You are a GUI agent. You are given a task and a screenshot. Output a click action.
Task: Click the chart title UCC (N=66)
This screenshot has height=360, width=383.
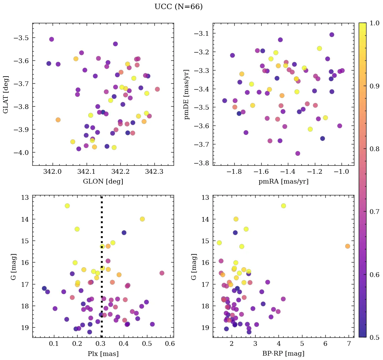178,7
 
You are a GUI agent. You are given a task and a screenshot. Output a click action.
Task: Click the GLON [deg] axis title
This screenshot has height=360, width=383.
103,182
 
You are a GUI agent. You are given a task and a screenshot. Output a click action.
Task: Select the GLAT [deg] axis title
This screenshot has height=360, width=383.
6,94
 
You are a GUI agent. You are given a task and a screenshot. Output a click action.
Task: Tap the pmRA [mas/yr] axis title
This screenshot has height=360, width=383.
283,182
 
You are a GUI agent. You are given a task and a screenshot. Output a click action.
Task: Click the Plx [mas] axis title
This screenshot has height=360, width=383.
103,354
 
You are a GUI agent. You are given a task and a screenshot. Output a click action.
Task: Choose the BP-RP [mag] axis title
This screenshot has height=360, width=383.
283,354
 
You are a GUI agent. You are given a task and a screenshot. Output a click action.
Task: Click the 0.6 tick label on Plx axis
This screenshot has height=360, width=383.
170,344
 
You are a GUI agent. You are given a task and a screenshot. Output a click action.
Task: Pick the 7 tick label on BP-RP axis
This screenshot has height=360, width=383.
349,344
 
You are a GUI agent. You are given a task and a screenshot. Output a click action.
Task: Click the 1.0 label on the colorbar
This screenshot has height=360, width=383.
374,23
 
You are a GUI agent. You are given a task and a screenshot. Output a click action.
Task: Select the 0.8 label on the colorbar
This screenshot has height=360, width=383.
374,149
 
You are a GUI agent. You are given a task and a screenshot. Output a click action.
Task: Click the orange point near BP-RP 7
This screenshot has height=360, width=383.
347,246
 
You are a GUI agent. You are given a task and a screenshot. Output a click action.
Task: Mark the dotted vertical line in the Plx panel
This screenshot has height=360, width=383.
102,270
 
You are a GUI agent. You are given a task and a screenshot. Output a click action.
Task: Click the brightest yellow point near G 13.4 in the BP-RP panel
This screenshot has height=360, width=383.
283,206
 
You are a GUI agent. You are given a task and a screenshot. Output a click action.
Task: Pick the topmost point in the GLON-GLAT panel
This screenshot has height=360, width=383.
52,39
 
